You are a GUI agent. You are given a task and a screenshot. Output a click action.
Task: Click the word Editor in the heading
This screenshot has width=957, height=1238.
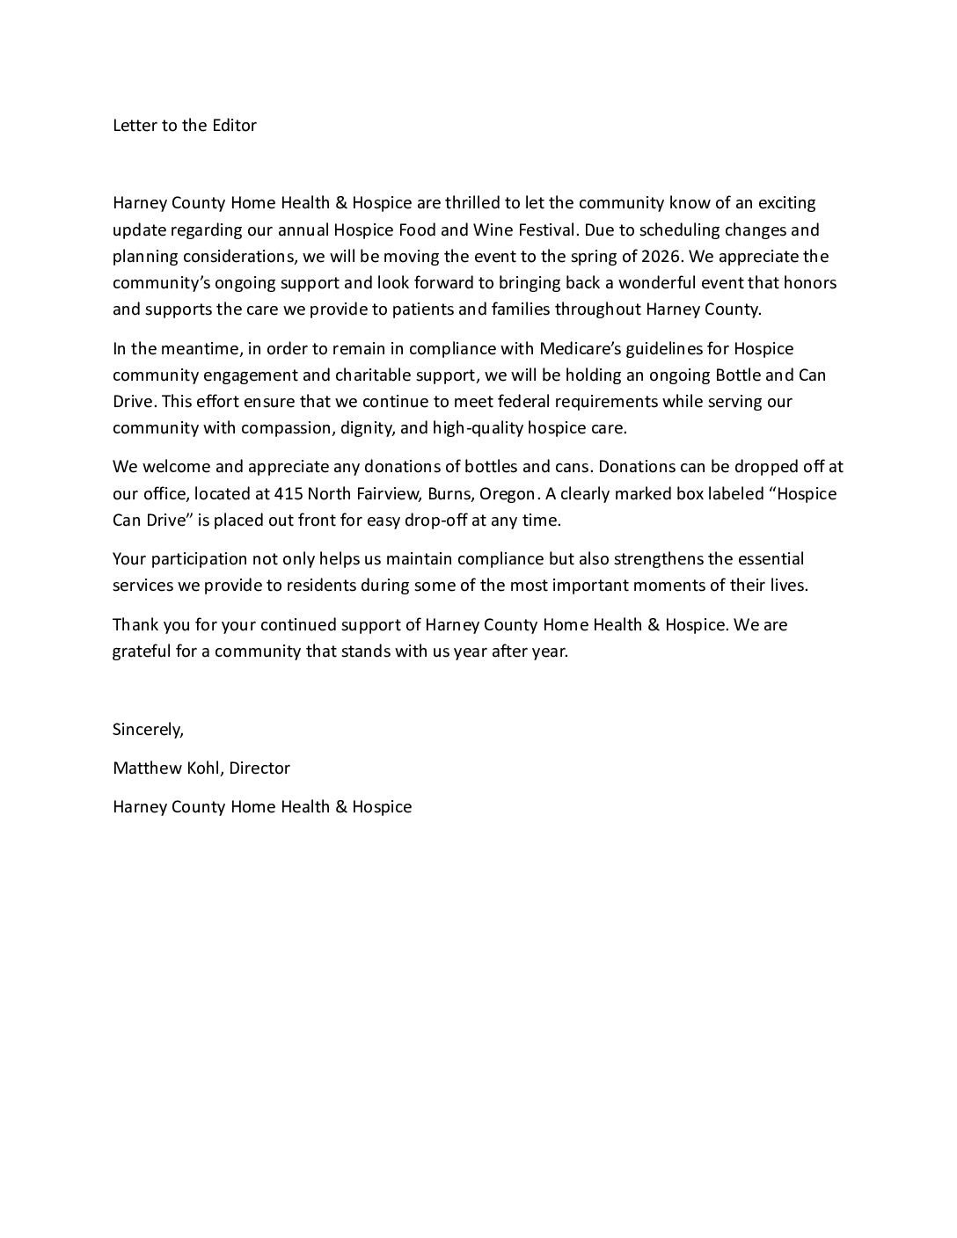[x=232, y=125]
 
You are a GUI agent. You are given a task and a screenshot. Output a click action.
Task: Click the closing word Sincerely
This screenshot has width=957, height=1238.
[x=148, y=730]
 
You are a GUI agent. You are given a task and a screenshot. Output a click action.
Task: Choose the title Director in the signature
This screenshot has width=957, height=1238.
[x=259, y=768]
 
